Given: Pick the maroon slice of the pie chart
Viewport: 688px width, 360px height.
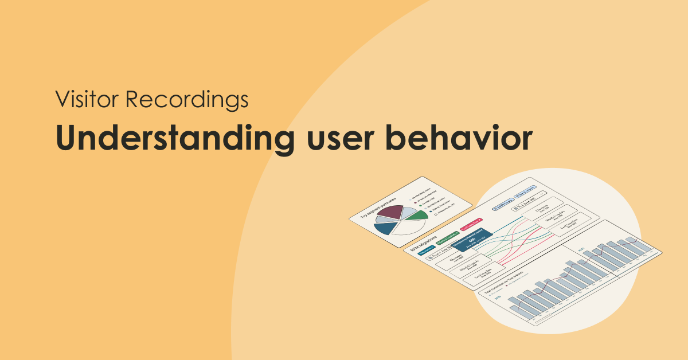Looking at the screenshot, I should [x=389, y=213].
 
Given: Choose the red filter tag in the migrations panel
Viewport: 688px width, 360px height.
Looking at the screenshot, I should [x=471, y=224].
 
